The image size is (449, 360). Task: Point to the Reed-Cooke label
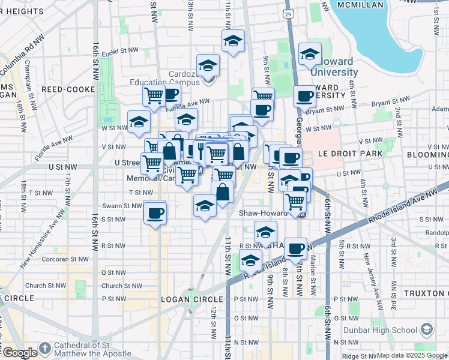tap(68, 89)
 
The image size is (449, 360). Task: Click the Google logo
tap(19, 353)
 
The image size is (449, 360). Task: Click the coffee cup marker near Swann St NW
tap(155, 212)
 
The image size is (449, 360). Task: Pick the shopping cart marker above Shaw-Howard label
tap(295, 202)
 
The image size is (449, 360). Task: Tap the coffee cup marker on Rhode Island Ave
tap(295, 248)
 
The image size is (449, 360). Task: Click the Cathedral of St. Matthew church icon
tap(45, 349)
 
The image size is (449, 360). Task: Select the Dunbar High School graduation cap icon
tap(427, 329)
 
